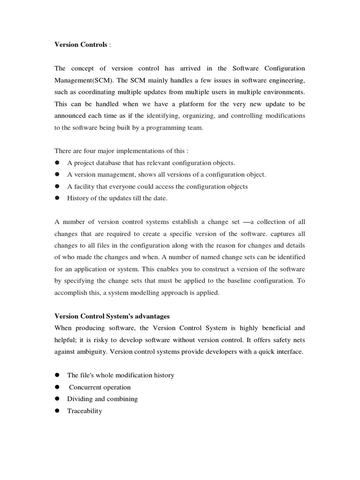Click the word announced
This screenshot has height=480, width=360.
click(x=71, y=115)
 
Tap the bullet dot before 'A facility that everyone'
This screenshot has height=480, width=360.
click(x=57, y=186)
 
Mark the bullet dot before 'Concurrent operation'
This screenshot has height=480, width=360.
click(x=57, y=387)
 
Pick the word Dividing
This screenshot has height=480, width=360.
click(x=79, y=399)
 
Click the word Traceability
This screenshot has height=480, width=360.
click(x=84, y=411)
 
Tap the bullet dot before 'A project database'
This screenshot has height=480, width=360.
click(x=57, y=163)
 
